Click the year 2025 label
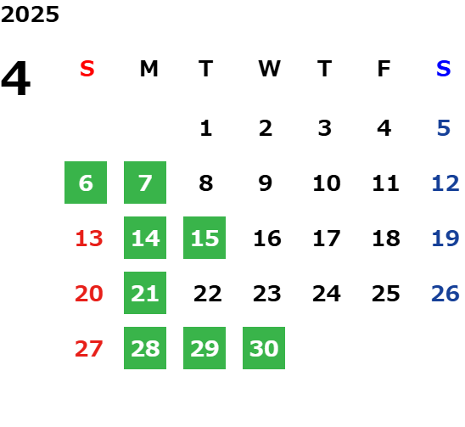(x=30, y=14)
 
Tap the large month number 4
(x=16, y=78)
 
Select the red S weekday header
(x=87, y=69)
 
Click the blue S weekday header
(x=444, y=69)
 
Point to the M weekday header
(x=148, y=69)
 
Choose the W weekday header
(x=269, y=69)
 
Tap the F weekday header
(x=384, y=69)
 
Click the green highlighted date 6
(x=86, y=183)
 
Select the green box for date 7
(x=145, y=183)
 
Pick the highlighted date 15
(x=204, y=238)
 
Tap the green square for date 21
(x=145, y=293)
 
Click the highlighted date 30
(x=264, y=348)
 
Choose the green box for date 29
(x=204, y=348)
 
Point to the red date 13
(x=89, y=239)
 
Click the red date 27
(x=89, y=349)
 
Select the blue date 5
(x=444, y=128)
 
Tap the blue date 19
(x=445, y=239)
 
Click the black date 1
(x=206, y=128)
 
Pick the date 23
(x=267, y=294)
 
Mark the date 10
(x=327, y=183)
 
